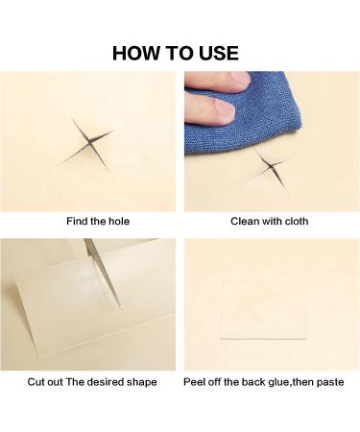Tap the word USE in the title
tap(219, 53)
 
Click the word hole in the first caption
tap(119, 221)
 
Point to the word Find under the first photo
tap(77, 221)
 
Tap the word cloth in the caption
tap(297, 221)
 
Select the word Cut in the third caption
tap(35, 382)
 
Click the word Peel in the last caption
tap(193, 382)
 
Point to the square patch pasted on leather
tap(263, 309)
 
